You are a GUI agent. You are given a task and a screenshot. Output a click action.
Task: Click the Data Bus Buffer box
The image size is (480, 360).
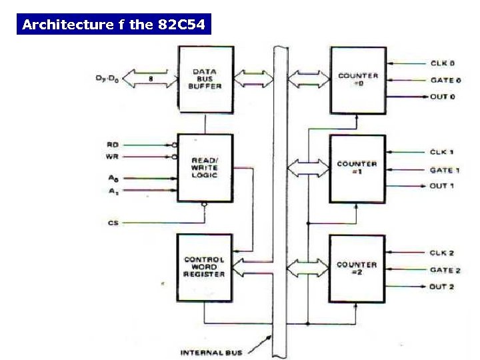tap(205, 79)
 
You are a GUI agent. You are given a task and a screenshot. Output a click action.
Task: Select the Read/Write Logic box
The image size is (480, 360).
tap(205, 168)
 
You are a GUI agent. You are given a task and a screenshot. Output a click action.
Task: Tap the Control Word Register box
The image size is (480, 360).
tap(205, 267)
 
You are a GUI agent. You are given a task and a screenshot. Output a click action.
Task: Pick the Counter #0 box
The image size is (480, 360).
tap(358, 79)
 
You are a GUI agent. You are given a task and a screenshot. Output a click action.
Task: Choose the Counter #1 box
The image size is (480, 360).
tap(357, 168)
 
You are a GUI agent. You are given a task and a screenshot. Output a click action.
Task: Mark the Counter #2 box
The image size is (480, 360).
tap(357, 268)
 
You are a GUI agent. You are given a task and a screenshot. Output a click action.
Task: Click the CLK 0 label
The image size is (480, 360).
tap(442, 64)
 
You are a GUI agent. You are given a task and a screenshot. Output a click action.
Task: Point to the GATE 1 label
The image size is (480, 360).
tap(444, 170)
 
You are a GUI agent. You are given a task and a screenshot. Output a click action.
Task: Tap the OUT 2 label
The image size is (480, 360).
tap(441, 287)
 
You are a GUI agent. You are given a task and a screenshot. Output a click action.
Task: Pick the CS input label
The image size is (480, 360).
tap(113, 223)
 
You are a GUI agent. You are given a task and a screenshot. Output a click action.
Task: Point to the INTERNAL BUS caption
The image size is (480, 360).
tap(212, 352)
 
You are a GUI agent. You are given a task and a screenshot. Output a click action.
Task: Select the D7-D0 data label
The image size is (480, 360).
tap(108, 79)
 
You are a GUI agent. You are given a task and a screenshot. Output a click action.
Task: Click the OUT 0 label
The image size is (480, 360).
tap(442, 97)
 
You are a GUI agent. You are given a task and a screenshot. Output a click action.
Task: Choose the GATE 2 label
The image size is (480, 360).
tap(445, 270)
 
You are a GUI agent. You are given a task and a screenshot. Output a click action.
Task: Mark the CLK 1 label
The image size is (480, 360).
tap(441, 153)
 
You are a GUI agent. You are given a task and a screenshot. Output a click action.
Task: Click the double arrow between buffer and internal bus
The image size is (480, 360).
tap(253, 78)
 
